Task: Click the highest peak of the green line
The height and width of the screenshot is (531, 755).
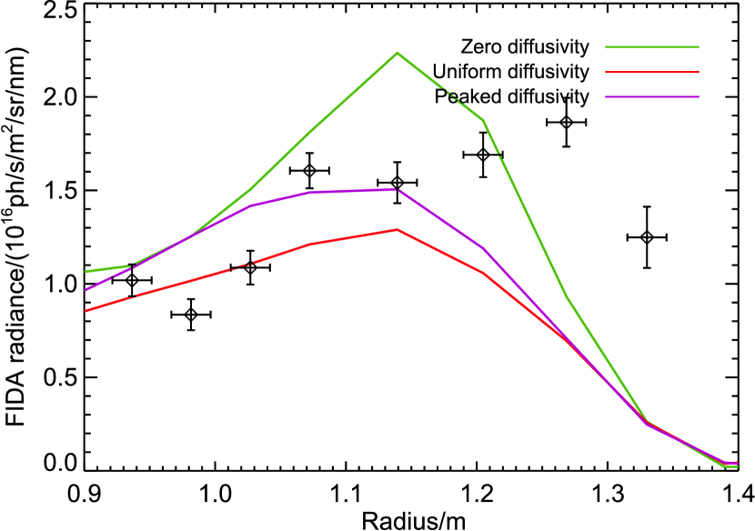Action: pyautogui.click(x=397, y=53)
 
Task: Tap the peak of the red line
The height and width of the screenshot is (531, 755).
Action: pyautogui.click(x=398, y=230)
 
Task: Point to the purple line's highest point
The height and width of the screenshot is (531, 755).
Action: pyautogui.click(x=396, y=189)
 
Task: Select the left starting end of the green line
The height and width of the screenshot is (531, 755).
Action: pyautogui.click(x=86, y=271)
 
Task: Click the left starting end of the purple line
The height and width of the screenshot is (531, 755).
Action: pyautogui.click(x=86, y=290)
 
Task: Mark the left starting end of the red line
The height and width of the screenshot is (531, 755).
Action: pyautogui.click(x=86, y=311)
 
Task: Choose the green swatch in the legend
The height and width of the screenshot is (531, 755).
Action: pyautogui.click(x=651, y=47)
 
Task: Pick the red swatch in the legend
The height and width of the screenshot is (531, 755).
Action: pyautogui.click(x=651, y=72)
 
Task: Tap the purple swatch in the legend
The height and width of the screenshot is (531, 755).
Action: pyautogui.click(x=651, y=96)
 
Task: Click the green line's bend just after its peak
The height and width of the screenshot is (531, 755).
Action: pyautogui.click(x=483, y=120)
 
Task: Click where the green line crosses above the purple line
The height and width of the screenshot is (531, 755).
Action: pyautogui.click(x=186, y=238)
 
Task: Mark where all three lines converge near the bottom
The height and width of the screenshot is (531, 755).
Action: pyautogui.click(x=647, y=423)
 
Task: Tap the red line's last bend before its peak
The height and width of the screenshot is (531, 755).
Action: pyautogui.click(x=310, y=244)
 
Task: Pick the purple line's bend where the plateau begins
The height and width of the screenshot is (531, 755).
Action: pyautogui.click(x=310, y=193)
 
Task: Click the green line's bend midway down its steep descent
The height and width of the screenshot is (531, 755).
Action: pyautogui.click(x=566, y=296)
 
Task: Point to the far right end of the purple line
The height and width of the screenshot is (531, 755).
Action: pyautogui.click(x=737, y=463)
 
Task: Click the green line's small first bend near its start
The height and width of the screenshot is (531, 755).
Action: pyautogui.click(x=131, y=265)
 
